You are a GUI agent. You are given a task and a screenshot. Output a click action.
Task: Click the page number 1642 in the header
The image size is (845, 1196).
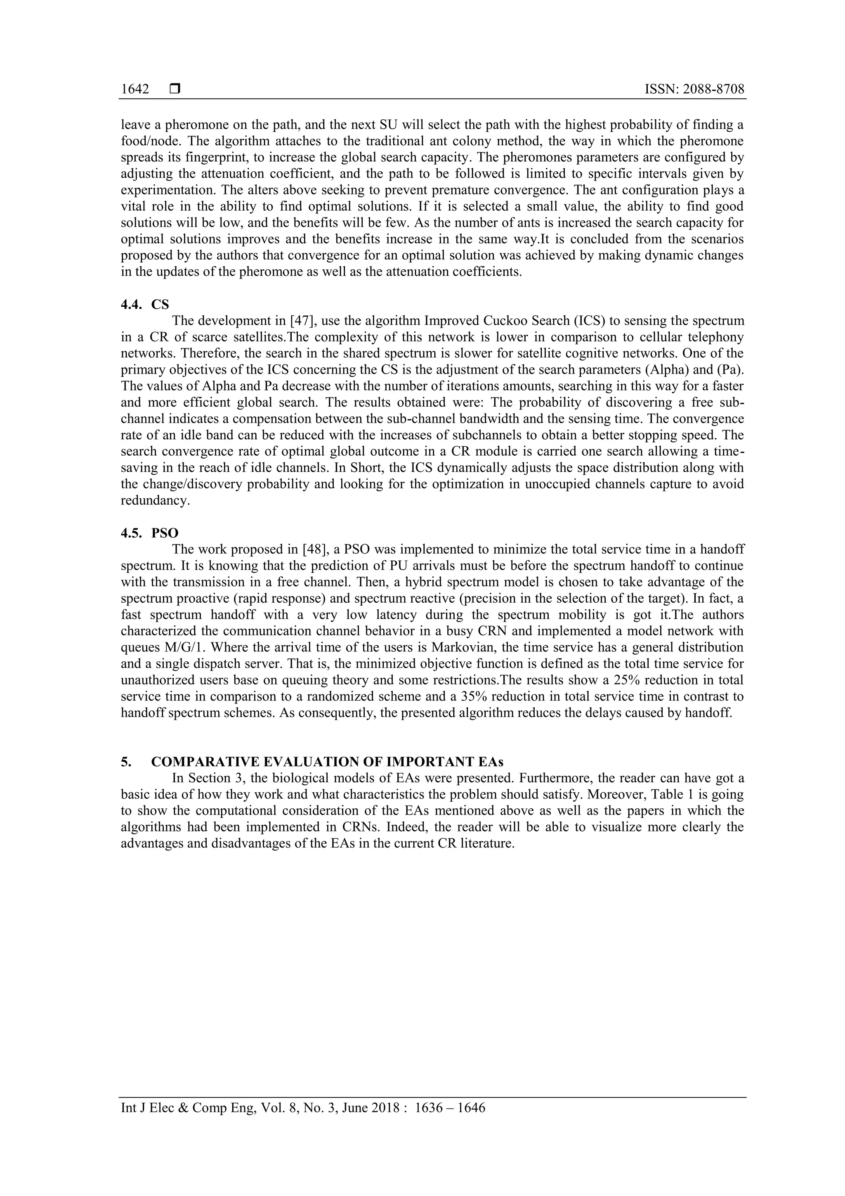click(x=135, y=90)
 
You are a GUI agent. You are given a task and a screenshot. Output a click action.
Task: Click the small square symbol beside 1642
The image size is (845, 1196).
click(x=175, y=90)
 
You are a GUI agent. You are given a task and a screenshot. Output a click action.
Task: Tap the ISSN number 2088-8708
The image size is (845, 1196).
click(x=713, y=90)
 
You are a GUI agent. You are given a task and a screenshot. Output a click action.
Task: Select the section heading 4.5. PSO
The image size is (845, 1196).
click(x=149, y=533)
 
